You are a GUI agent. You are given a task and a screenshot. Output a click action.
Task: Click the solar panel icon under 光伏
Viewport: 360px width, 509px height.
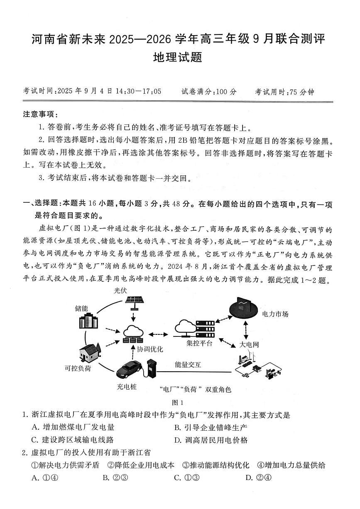point(133,304)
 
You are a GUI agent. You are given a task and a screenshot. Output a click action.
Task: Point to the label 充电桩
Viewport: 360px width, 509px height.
point(127,387)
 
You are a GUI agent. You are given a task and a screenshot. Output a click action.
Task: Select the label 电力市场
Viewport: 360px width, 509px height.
point(275,314)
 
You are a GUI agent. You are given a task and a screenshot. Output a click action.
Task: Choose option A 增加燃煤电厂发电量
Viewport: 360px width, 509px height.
point(73,427)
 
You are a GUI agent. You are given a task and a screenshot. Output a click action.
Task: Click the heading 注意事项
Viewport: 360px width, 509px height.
point(40,114)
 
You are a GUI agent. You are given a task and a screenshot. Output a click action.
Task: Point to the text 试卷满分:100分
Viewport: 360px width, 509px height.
point(209,92)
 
